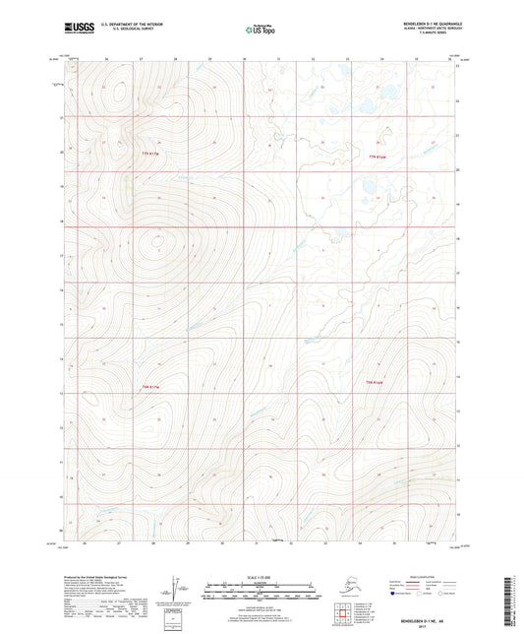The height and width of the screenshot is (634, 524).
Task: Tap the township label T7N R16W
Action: pos(378,158)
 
